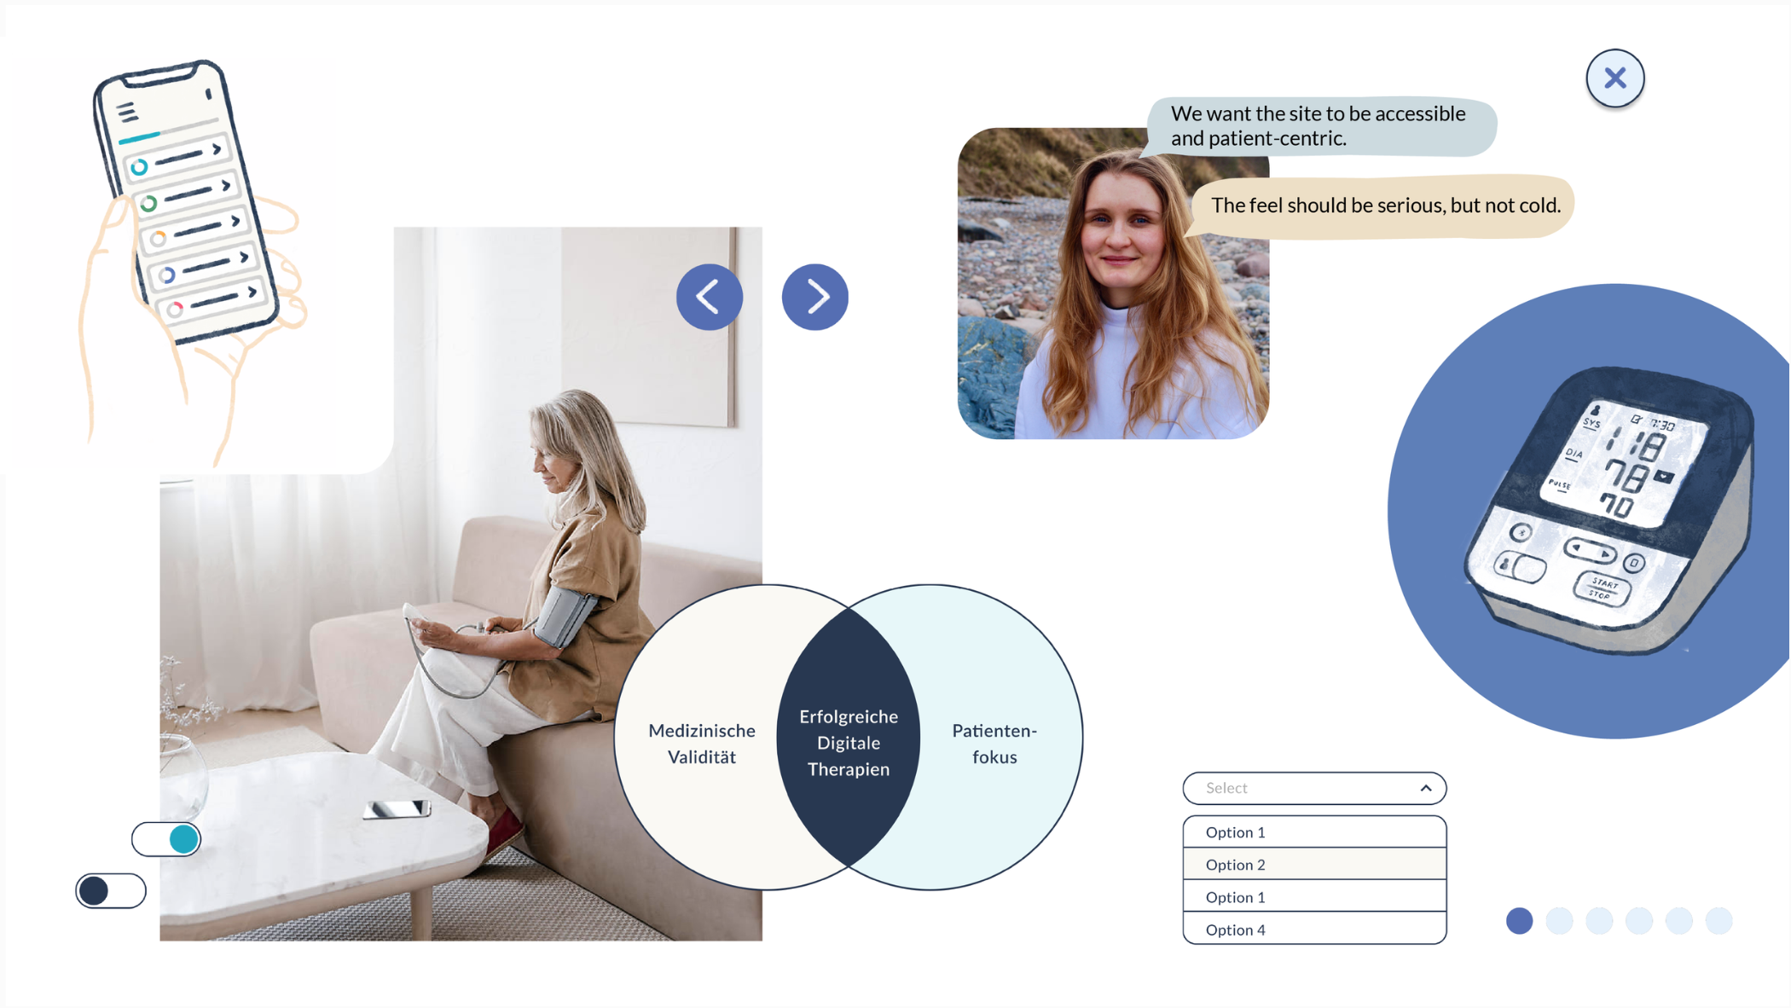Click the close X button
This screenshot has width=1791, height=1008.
(1614, 78)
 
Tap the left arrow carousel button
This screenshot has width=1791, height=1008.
(709, 297)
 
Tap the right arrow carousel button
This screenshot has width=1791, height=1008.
(814, 297)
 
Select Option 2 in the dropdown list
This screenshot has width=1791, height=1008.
(1313, 864)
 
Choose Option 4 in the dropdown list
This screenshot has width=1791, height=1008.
(1313, 930)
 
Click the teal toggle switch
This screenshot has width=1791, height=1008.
(166, 839)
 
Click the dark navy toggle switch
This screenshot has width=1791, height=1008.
(111, 891)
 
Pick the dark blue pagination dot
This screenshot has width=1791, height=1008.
(1519, 921)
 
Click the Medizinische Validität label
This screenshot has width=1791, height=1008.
(701, 744)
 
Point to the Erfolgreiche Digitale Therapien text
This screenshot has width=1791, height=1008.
(848, 743)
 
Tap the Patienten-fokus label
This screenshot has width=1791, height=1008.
(994, 744)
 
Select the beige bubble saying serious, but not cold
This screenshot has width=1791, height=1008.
(1383, 206)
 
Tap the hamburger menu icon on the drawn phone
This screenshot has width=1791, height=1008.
(127, 112)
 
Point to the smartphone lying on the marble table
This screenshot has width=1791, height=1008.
(397, 808)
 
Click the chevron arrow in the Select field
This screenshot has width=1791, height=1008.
(1425, 788)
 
